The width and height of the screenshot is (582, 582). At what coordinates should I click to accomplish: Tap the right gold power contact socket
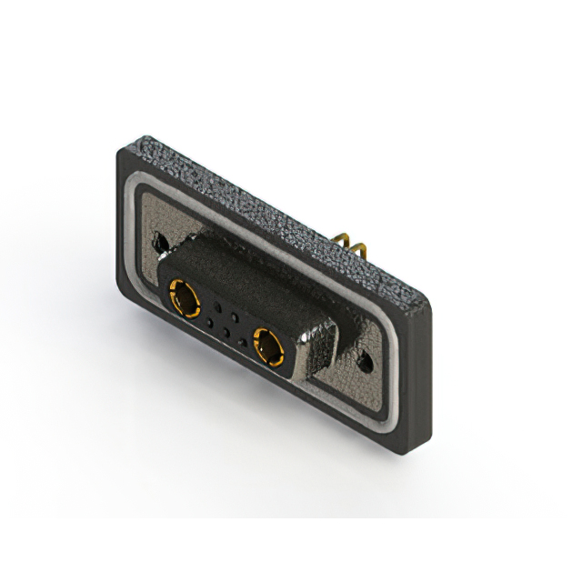click(268, 346)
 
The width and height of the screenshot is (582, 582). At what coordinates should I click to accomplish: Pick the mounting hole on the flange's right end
click(366, 362)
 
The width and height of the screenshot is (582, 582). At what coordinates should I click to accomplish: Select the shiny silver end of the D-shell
click(323, 341)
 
